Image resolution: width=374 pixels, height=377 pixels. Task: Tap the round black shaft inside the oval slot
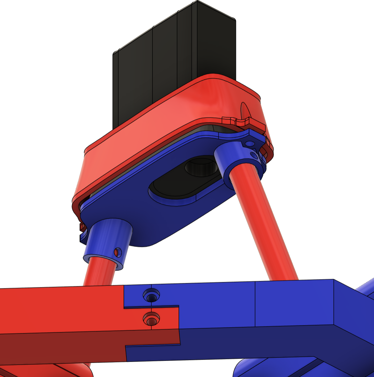point(202,168)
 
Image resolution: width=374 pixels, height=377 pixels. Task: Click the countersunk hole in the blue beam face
point(151,295)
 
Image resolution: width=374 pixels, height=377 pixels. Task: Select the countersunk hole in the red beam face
point(151,320)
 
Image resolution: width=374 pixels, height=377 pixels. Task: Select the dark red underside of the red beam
point(68,346)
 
